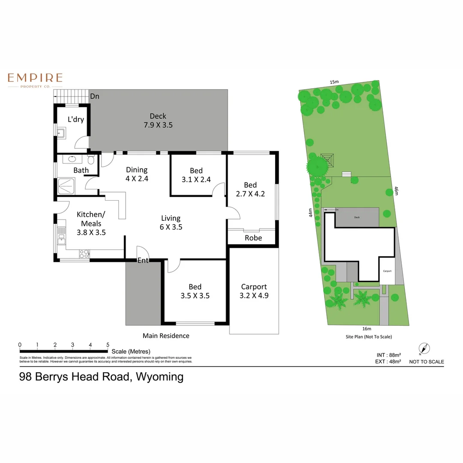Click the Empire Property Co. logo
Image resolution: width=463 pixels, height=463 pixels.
pos(35,80)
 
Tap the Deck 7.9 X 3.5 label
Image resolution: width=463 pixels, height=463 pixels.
pos(158,120)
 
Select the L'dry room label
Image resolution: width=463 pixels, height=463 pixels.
pos(76,120)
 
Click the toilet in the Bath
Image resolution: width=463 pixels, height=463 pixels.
pos(91,159)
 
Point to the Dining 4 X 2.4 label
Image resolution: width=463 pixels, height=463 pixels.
pos(136,174)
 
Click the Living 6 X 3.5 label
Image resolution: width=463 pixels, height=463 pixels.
pos(171,222)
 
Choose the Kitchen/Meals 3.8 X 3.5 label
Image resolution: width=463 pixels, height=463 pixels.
pos(91,223)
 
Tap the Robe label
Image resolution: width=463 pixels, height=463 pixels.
pos(253,238)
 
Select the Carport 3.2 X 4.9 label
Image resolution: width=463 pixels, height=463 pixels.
pos(254,291)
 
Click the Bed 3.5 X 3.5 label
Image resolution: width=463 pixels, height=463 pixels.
pos(195,291)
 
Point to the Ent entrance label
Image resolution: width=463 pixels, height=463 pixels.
pos(143,260)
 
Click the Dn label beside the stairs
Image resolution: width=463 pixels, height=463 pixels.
pos(94,96)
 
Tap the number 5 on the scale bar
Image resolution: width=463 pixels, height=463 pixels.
pos(108,344)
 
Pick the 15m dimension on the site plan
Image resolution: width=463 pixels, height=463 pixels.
pos(334,82)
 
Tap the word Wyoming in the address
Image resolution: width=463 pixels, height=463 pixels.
pos(159,377)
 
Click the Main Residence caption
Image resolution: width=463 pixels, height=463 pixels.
pos(166,336)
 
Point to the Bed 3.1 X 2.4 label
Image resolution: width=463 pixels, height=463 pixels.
pos(196,175)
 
